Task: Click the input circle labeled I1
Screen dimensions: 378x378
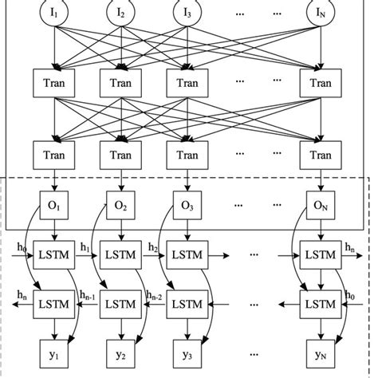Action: click(53, 14)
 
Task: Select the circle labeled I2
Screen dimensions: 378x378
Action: click(120, 14)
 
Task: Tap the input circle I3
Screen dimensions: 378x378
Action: click(187, 14)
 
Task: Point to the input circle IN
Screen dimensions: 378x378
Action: click(320, 14)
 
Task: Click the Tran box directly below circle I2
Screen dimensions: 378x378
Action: click(120, 81)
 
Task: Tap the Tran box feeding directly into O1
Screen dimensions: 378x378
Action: click(53, 150)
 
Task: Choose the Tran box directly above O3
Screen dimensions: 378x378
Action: click(187, 150)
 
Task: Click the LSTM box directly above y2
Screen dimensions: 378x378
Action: click(120, 305)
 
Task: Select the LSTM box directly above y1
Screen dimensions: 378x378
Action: click(53, 305)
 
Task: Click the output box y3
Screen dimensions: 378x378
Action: click(187, 352)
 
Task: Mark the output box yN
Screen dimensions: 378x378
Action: click(320, 352)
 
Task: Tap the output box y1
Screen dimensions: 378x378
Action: click(53, 352)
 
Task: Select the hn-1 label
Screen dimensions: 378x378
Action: click(87, 296)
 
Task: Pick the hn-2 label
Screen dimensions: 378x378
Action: click(154, 296)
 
